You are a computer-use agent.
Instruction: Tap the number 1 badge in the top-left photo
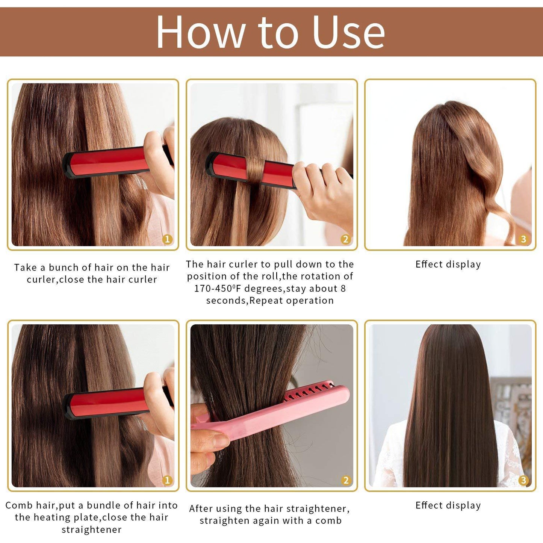coord(167,239)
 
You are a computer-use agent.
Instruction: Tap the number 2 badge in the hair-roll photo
coord(346,239)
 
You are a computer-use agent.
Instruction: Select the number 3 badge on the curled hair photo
coord(523,239)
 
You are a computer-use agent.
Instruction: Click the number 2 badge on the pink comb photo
coord(346,480)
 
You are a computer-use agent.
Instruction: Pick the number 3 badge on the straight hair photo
coord(523,480)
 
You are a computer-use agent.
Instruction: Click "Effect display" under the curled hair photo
coord(448,265)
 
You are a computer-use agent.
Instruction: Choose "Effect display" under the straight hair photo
coord(448,506)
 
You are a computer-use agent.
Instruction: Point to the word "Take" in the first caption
coord(25,268)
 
